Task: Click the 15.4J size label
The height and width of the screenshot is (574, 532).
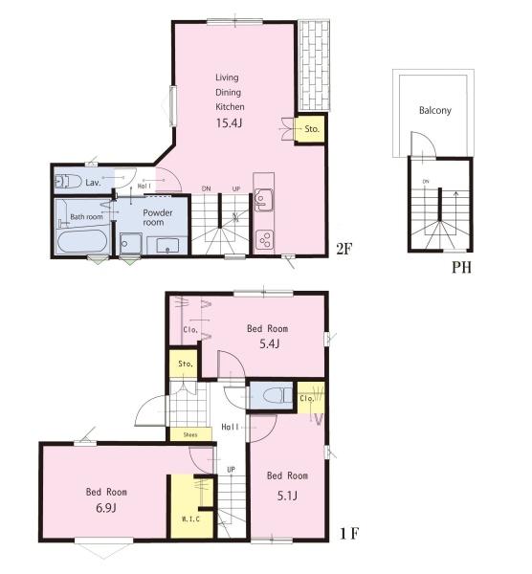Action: coord(229,123)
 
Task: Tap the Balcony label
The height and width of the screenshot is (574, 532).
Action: coord(435,110)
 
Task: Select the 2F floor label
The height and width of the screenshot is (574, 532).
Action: coord(344,250)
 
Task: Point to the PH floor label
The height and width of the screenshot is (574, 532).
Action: coord(461,268)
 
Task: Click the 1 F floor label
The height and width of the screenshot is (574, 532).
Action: coord(349,534)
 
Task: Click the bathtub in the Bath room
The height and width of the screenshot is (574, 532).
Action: coord(82,241)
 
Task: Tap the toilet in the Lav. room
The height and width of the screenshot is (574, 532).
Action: coord(68,181)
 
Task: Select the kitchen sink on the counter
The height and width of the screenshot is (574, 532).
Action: coord(263,200)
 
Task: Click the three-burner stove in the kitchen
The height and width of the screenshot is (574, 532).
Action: coord(264,239)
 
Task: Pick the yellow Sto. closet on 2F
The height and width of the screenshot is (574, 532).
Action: coord(310,129)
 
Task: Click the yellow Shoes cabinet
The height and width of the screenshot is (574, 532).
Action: coord(190,434)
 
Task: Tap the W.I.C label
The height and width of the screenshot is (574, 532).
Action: coord(191,519)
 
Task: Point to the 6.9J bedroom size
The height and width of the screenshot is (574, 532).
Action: coord(106,508)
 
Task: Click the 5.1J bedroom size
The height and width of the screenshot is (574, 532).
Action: coord(287,496)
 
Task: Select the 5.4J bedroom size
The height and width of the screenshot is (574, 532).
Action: coord(270,343)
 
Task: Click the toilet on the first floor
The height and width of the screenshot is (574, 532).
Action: coord(277,395)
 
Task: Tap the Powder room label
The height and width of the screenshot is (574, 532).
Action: coord(158,217)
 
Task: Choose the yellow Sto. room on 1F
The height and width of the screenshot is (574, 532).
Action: coord(185,364)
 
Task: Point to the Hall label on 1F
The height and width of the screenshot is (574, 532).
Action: coord(231,427)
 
